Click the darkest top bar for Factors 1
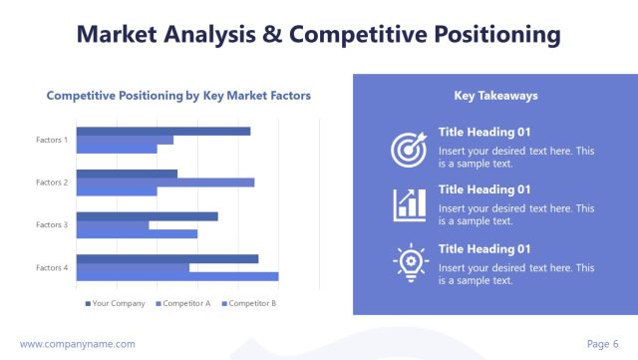[162, 131]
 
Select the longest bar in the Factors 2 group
[164, 182]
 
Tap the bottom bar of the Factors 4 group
[176, 276]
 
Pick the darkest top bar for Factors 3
[147, 215]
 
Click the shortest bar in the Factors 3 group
[113, 225]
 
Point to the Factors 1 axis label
[52, 140]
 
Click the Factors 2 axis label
[52, 182]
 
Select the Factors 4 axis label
[52, 267]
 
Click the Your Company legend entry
[115, 303]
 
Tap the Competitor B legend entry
[249, 303]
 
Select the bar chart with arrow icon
[409, 204]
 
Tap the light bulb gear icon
[409, 262]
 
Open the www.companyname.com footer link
[78, 344]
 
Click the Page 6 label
[602, 344]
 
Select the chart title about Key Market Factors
[179, 96]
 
